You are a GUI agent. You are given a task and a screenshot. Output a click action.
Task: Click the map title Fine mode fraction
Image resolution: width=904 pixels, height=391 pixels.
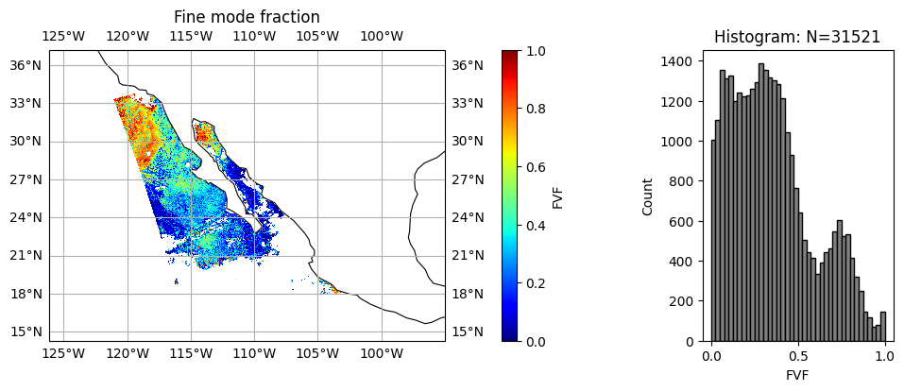point(247,17)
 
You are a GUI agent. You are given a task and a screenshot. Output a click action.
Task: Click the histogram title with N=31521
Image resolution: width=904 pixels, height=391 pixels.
point(797,38)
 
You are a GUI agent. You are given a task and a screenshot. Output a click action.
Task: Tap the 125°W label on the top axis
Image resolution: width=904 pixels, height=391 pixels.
point(63,36)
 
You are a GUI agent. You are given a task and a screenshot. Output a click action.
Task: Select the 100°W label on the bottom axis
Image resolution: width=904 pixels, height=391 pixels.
point(382,354)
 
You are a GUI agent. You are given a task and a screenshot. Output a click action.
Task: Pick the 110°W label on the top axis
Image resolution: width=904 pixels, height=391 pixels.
point(254,36)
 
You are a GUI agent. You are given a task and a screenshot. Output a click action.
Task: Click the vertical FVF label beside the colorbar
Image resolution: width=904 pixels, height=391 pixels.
point(558,196)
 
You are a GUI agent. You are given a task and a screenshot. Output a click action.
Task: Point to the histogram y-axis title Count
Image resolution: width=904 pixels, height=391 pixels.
point(648,196)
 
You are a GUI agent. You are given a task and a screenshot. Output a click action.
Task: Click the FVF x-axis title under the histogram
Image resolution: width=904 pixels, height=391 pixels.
point(797,374)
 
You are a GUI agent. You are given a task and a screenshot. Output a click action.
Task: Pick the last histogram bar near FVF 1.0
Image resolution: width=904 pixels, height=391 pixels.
point(882,327)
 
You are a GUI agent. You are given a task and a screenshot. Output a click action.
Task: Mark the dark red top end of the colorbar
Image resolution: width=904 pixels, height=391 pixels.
point(510,54)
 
